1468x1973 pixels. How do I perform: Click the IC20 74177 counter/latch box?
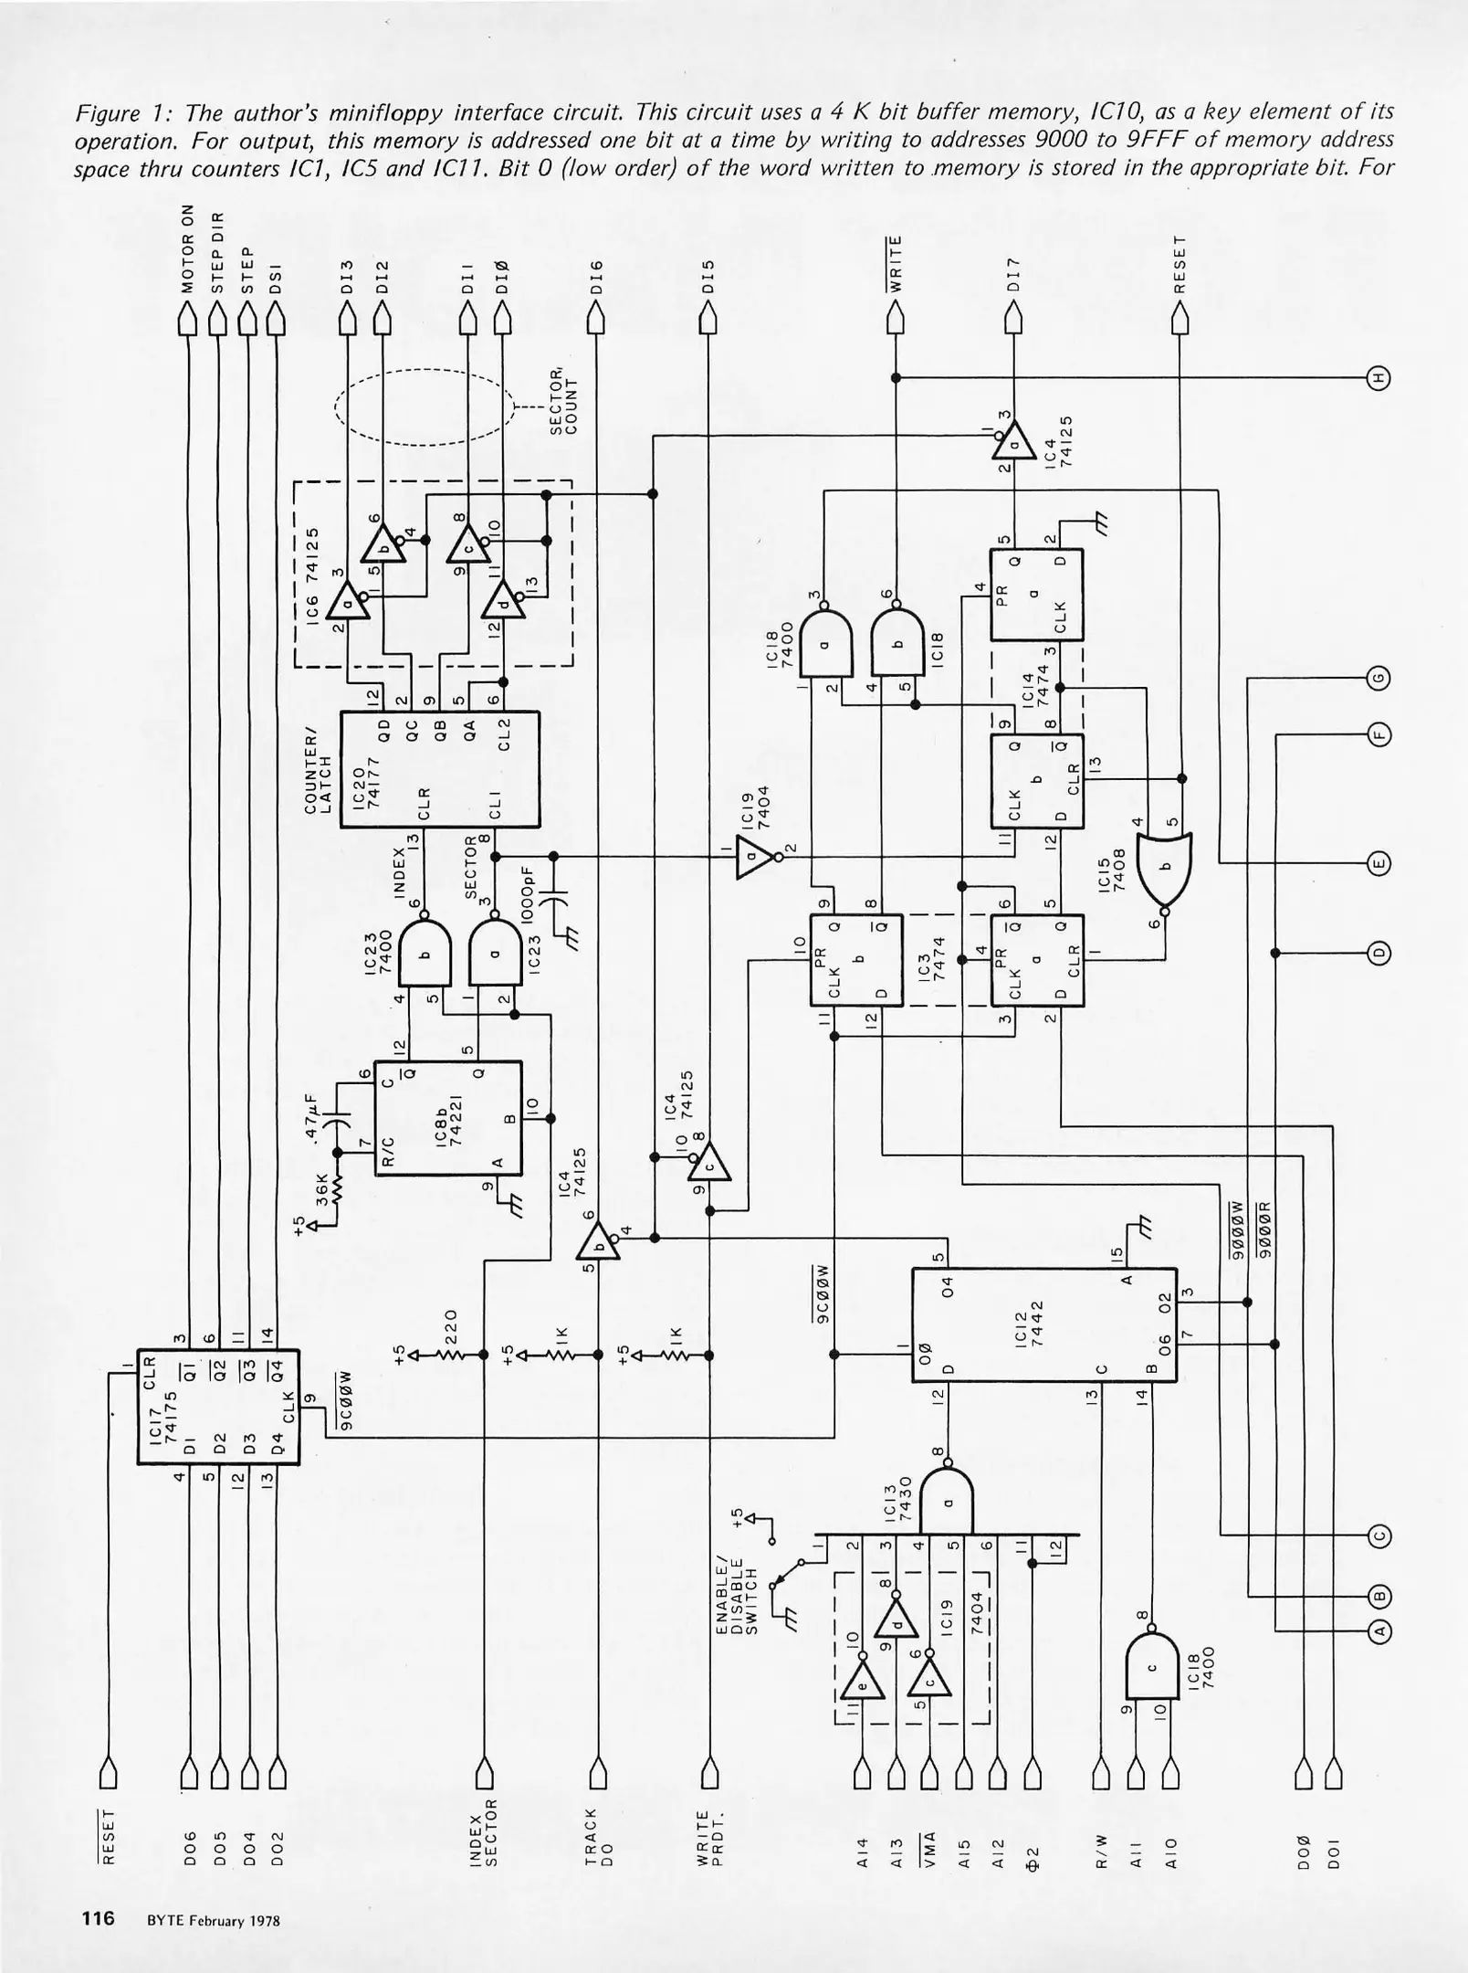[439, 770]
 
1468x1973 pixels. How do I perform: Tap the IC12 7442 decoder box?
[1043, 1324]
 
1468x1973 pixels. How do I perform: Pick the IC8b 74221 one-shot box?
[448, 1119]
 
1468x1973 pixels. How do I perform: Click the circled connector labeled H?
[1379, 377]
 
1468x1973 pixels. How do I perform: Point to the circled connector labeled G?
[1379, 678]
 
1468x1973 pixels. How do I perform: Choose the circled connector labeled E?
[1379, 863]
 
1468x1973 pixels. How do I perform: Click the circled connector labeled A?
[1379, 1630]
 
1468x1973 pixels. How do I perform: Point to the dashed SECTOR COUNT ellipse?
[424, 406]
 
